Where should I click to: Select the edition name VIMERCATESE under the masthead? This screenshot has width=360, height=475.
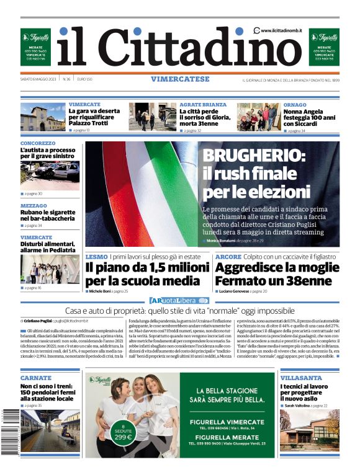[x=179, y=79]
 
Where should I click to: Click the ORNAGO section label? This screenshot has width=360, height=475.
[x=295, y=105]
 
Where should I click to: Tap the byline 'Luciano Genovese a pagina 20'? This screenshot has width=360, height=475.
[x=243, y=291]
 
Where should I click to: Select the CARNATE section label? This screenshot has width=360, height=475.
[x=35, y=378]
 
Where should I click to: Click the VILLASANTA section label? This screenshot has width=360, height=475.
[x=301, y=378]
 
